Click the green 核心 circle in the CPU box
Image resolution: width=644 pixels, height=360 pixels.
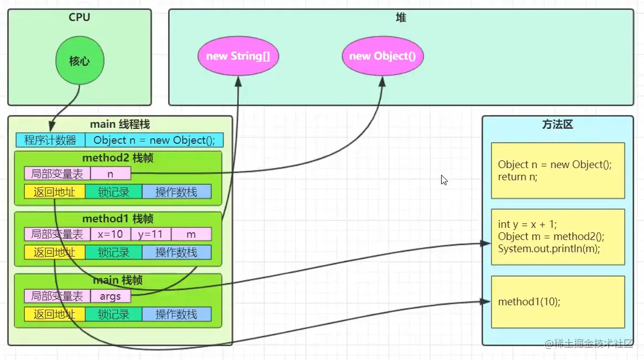point(80,60)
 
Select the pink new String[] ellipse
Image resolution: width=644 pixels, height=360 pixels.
point(238,56)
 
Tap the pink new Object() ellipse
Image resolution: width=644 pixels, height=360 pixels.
point(383,56)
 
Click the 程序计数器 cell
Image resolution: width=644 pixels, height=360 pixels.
point(50,140)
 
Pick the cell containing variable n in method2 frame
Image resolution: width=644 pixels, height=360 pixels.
point(111,174)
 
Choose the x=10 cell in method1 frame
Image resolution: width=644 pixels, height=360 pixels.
point(111,234)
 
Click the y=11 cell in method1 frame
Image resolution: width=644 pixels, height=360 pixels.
point(151,234)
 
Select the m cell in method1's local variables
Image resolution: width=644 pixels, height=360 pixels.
point(191,234)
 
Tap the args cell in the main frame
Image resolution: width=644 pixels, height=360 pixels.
point(111,296)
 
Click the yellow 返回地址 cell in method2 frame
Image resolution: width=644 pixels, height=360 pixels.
point(55,192)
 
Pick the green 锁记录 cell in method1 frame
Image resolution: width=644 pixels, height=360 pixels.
point(114,252)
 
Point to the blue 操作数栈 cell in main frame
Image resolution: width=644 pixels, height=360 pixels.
point(176,315)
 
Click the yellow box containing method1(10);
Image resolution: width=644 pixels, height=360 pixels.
point(558,302)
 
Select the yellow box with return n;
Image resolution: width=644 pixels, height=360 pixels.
point(558,170)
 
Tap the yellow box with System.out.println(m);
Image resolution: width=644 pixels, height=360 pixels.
point(558,237)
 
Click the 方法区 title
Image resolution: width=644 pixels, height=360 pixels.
point(557,124)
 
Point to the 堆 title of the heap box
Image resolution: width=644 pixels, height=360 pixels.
point(401,17)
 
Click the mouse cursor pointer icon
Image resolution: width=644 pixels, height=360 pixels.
point(444,180)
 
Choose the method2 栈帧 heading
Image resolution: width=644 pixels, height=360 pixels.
point(117,158)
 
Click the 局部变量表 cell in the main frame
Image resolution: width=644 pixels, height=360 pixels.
point(57,296)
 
